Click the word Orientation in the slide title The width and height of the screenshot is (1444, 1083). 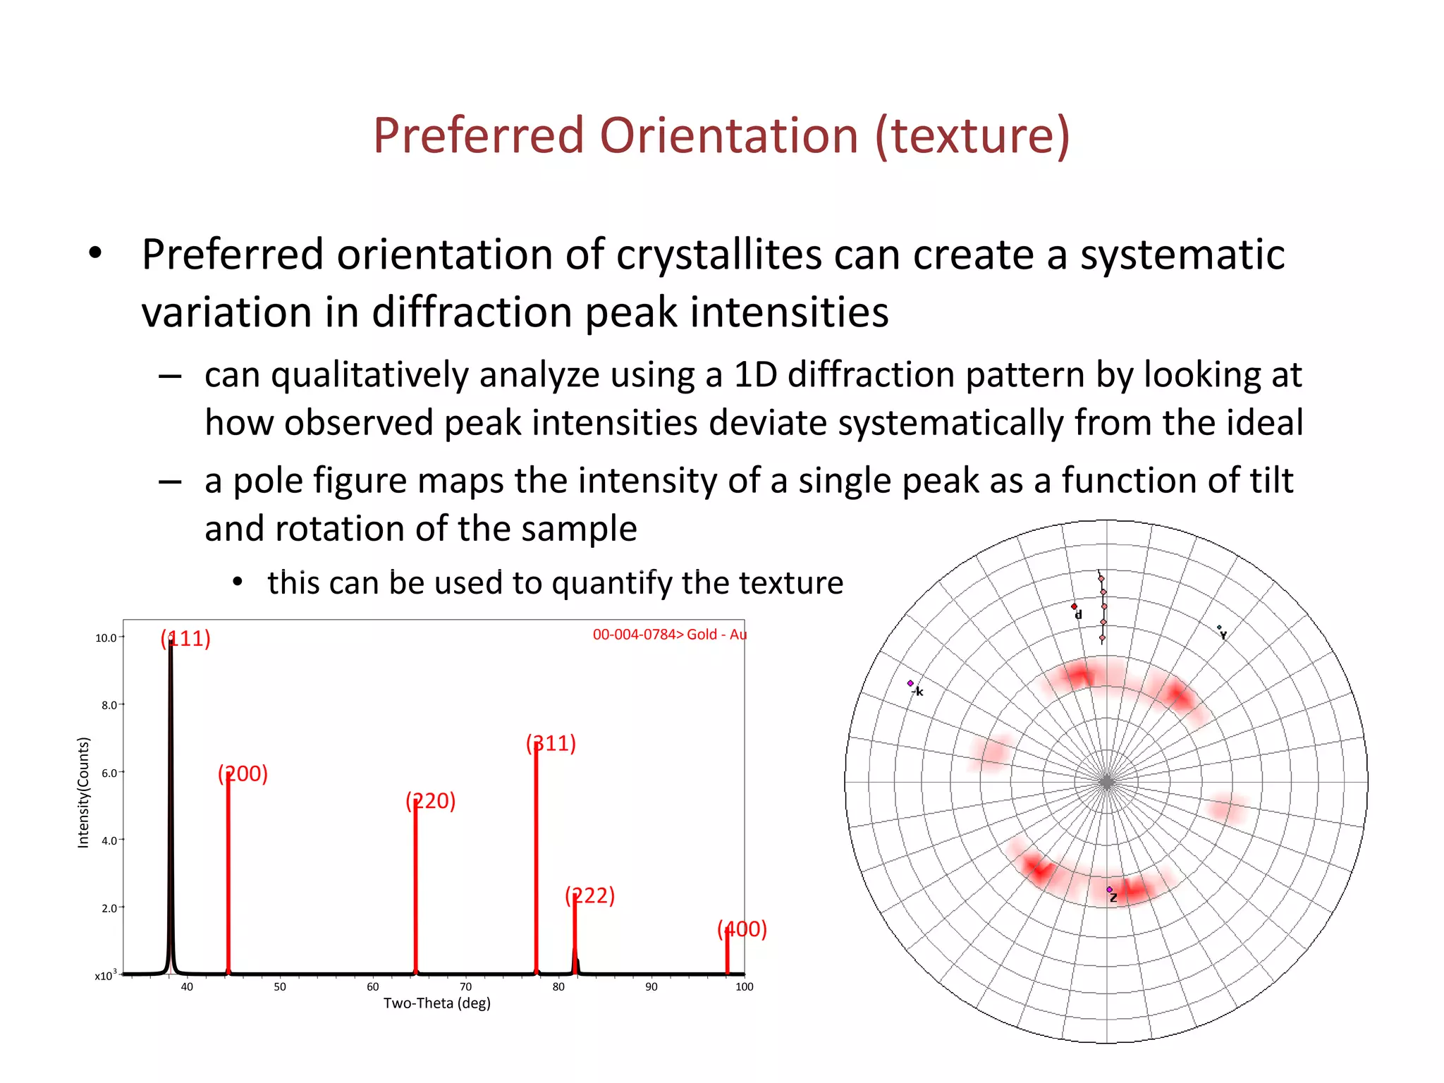(x=728, y=135)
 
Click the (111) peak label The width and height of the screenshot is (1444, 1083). (x=185, y=638)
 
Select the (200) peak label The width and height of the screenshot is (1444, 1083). (x=243, y=773)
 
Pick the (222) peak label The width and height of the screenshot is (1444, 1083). (x=589, y=895)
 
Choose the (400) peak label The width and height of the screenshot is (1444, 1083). (x=742, y=929)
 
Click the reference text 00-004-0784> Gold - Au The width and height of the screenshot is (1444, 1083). (x=669, y=634)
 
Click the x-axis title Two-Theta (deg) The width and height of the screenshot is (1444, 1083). (x=436, y=1003)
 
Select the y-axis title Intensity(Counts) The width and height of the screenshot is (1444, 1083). (x=83, y=792)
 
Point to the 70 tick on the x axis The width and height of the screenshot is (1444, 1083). (x=465, y=986)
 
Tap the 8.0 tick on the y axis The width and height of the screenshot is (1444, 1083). (x=109, y=705)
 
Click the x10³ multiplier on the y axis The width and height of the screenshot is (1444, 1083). (x=106, y=975)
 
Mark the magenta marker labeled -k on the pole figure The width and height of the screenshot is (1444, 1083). (x=910, y=683)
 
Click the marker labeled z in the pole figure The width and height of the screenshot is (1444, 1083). (x=1109, y=890)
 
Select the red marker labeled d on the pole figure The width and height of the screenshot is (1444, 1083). (x=1074, y=606)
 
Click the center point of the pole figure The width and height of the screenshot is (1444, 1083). (x=1106, y=782)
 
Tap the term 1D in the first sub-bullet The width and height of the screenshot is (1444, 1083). (x=754, y=374)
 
